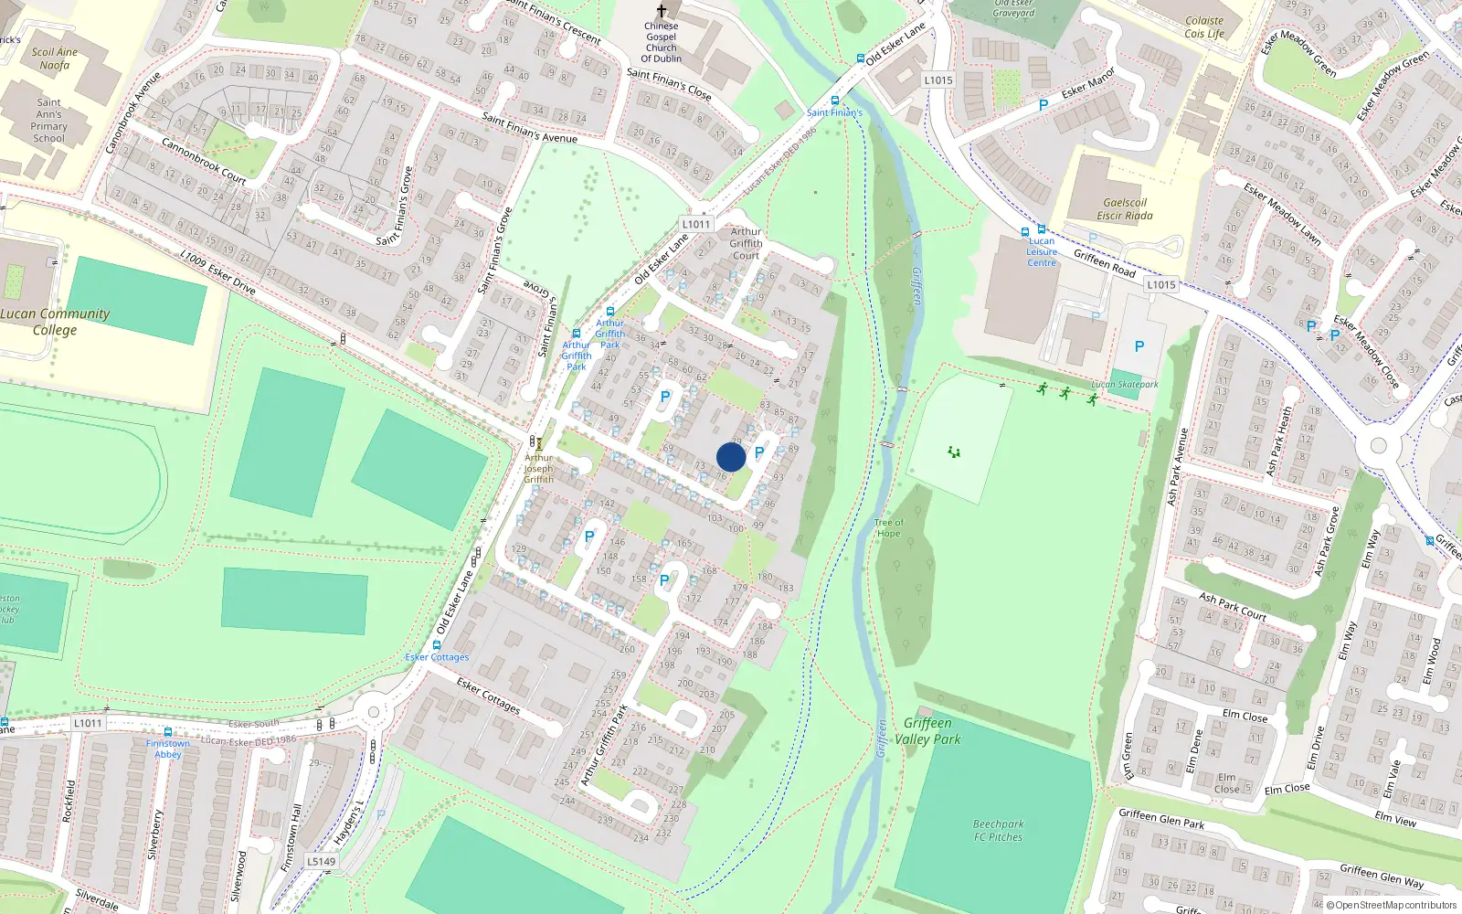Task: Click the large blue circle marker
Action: pyautogui.click(x=731, y=457)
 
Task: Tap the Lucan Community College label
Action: pyautogui.click(x=55, y=321)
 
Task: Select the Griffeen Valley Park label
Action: pyautogui.click(x=927, y=731)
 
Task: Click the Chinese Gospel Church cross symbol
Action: pyautogui.click(x=662, y=11)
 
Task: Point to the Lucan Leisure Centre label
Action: pyautogui.click(x=1041, y=252)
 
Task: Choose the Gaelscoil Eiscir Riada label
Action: pyautogui.click(x=1125, y=209)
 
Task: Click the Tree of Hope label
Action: pyautogui.click(x=888, y=528)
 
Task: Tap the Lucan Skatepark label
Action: pyautogui.click(x=1125, y=385)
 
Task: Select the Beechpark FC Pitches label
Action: pyautogui.click(x=998, y=830)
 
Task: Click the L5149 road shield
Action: pyautogui.click(x=321, y=861)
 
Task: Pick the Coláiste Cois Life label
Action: pyautogui.click(x=1204, y=27)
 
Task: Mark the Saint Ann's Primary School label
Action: pyautogui.click(x=49, y=121)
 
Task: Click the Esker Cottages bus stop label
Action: pyautogui.click(x=437, y=657)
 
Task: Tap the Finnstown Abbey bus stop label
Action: pyautogui.click(x=168, y=749)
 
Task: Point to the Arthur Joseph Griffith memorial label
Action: pyautogui.click(x=538, y=468)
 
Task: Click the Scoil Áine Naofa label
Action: pyautogui.click(x=55, y=58)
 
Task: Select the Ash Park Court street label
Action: pyautogui.click(x=1233, y=607)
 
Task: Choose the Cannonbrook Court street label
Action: pyautogui.click(x=204, y=161)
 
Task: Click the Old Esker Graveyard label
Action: pyautogui.click(x=1013, y=8)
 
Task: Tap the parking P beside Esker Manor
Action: pyautogui.click(x=1044, y=106)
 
